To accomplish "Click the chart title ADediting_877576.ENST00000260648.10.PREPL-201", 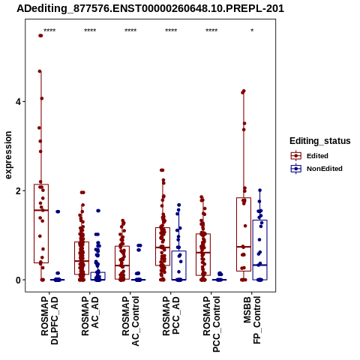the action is (x=150, y=8).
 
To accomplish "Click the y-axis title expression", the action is (x=8, y=155).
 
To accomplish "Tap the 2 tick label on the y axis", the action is (x=18, y=191).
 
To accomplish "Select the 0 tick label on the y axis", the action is (x=18, y=280).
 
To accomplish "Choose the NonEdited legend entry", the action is (x=316, y=169).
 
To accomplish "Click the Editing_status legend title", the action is (x=320, y=141).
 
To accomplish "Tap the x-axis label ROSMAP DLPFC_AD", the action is (x=49, y=320).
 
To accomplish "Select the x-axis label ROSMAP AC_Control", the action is (x=130, y=321).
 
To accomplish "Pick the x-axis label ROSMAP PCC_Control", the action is (x=211, y=324).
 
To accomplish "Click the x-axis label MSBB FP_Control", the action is (x=252, y=320).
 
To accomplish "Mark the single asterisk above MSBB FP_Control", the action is (x=252, y=30).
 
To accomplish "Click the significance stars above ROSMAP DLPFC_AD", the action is (x=49, y=30).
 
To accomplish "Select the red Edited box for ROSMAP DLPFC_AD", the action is (x=41, y=223).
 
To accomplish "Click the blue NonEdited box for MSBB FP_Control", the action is (x=260, y=250).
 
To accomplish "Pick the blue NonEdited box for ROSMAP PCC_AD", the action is (x=179, y=265).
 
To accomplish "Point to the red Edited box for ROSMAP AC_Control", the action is (x=122, y=262).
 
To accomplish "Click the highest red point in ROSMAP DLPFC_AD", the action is (x=40, y=35).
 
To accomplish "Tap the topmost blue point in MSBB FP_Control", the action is (x=259, y=190).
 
